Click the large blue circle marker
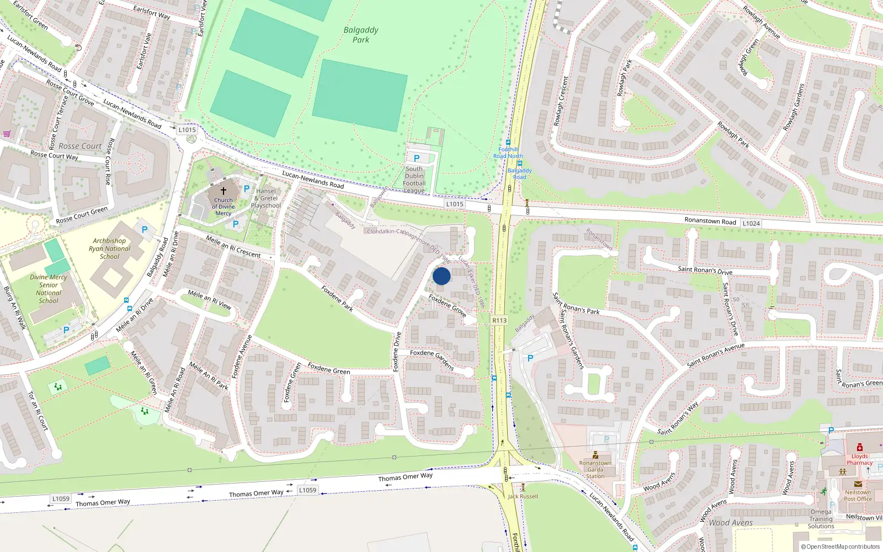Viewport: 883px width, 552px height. pyautogui.click(x=441, y=276)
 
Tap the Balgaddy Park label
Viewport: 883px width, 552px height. pyautogui.click(x=361, y=35)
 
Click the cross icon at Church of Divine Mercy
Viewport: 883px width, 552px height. pyautogui.click(x=224, y=190)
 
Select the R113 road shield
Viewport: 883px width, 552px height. pyautogui.click(x=499, y=320)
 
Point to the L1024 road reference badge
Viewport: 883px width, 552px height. pyautogui.click(x=751, y=224)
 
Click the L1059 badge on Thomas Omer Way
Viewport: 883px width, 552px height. pyautogui.click(x=307, y=490)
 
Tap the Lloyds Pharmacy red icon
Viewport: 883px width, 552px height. pyautogui.click(x=859, y=448)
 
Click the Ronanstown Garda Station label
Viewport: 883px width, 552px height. pyautogui.click(x=595, y=470)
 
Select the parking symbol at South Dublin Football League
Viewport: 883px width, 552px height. pyautogui.click(x=417, y=158)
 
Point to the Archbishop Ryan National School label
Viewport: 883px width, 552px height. pyautogui.click(x=109, y=248)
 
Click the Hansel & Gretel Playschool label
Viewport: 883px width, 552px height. pyautogui.click(x=266, y=198)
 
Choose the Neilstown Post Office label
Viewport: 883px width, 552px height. pyautogui.click(x=858, y=496)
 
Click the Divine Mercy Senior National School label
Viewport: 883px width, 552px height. pyautogui.click(x=49, y=289)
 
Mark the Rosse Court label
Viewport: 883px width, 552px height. pyautogui.click(x=80, y=146)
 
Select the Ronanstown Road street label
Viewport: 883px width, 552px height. pyautogui.click(x=710, y=221)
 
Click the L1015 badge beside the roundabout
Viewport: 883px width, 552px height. pyautogui.click(x=187, y=130)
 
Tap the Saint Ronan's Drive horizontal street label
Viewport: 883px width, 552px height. pyautogui.click(x=705, y=270)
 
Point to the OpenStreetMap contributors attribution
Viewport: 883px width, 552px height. pyautogui.click(x=840, y=546)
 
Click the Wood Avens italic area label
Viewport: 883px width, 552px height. pyautogui.click(x=730, y=523)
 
